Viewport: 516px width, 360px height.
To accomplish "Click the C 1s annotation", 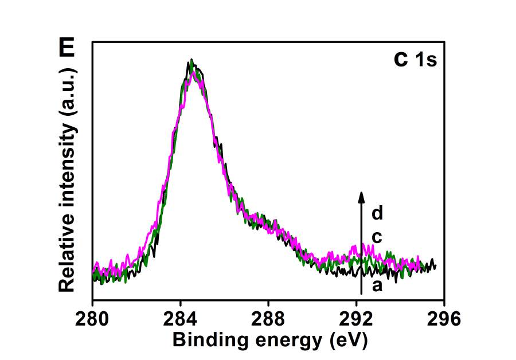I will pyautogui.click(x=416, y=60).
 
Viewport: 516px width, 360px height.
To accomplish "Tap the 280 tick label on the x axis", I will pyautogui.click(x=92, y=318).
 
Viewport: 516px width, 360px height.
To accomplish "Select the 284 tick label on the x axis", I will pyautogui.click(x=181, y=318).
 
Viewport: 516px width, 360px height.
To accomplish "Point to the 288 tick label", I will pyautogui.click(x=268, y=318).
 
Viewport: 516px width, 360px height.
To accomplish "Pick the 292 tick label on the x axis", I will pyautogui.click(x=357, y=318).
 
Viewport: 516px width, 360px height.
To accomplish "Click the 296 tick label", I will pyautogui.click(x=444, y=318).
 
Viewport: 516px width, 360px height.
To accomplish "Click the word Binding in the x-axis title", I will pyautogui.click(x=203, y=341).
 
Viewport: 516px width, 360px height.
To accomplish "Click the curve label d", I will pyautogui.click(x=377, y=214).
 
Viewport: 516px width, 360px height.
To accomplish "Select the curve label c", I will pyautogui.click(x=377, y=237).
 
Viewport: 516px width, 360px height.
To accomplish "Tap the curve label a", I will pyautogui.click(x=377, y=285).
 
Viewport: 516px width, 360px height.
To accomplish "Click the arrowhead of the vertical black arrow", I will pyautogui.click(x=361, y=197).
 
